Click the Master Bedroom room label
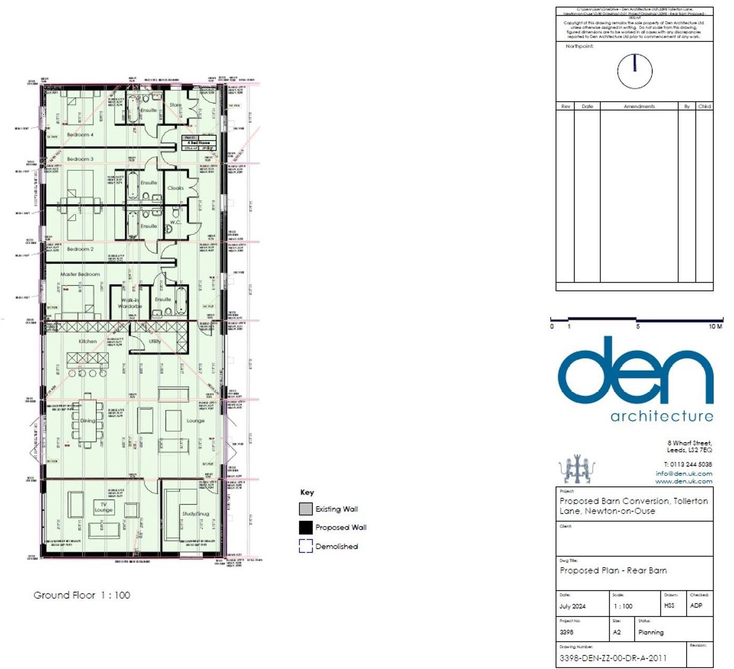[80, 274]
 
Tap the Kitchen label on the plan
[88, 341]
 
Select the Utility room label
[155, 341]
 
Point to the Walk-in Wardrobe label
[130, 303]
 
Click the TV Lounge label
[104, 507]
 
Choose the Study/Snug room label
[195, 513]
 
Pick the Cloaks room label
[175, 188]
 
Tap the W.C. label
[175, 222]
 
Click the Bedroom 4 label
[80, 135]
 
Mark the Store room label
[175, 105]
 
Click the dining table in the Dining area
[88, 420]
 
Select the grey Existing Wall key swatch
[306, 509]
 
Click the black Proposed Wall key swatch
[306, 527]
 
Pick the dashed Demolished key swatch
[306, 546]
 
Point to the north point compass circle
[635, 71]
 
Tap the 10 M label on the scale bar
[715, 326]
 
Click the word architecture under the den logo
[661, 416]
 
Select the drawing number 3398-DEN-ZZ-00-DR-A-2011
[613, 658]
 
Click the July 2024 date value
[572, 606]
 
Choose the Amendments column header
[639, 106]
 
